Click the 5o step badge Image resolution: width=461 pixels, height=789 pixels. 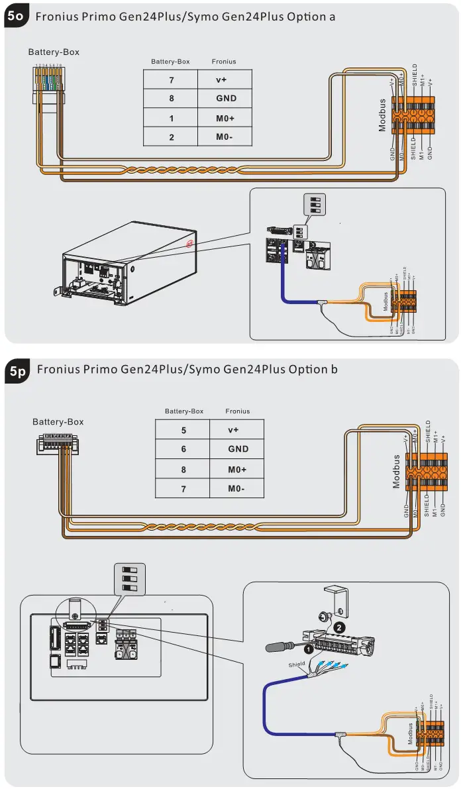[x=17, y=17]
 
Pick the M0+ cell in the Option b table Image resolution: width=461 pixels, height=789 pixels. [x=237, y=469]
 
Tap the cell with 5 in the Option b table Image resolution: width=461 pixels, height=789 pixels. [x=183, y=429]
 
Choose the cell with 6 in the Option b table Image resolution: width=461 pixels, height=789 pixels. [x=183, y=449]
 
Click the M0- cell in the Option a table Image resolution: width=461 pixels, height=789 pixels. [x=225, y=137]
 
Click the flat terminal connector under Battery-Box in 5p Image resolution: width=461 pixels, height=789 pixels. [x=58, y=443]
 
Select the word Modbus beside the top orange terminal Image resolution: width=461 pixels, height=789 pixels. [x=382, y=115]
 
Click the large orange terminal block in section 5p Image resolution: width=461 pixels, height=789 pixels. [x=427, y=471]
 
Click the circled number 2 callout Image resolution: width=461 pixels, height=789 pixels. [x=339, y=627]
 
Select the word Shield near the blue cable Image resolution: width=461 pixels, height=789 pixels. [x=297, y=664]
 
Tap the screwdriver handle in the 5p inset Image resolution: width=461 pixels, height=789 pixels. [x=274, y=646]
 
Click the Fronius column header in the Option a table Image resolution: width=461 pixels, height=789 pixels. [x=224, y=62]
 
